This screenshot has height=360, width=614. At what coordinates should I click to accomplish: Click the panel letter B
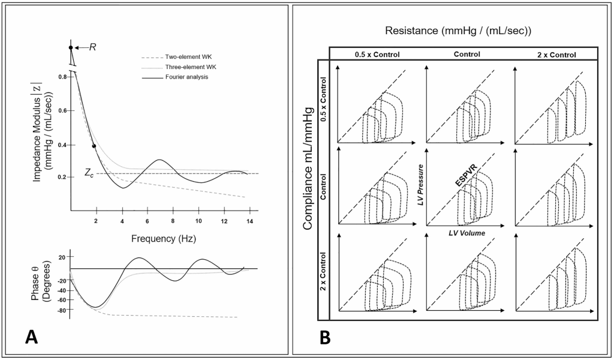[325, 337]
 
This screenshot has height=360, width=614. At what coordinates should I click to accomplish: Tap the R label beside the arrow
[93, 46]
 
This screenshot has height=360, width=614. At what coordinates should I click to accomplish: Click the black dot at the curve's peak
[71, 47]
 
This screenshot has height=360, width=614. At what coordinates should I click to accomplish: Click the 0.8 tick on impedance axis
[62, 77]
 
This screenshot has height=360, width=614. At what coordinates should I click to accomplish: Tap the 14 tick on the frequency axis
[248, 222]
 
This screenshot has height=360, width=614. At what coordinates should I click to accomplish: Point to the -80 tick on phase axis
[60, 310]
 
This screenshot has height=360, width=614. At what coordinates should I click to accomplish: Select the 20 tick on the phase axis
[62, 257]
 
